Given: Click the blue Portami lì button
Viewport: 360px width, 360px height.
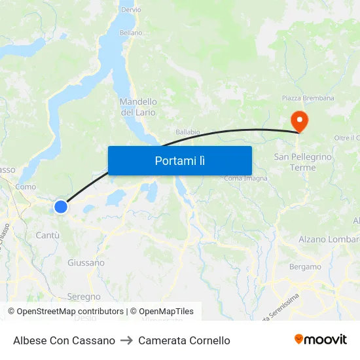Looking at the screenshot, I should [x=179, y=160].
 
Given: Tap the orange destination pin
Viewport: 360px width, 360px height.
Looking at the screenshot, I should [x=298, y=119].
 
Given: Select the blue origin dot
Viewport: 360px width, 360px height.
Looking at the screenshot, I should [x=60, y=207].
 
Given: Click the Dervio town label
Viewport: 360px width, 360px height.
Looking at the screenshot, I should [x=131, y=10].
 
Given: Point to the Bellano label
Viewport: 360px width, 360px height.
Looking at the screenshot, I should [x=130, y=32].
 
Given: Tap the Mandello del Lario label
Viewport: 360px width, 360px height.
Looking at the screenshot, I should [x=138, y=107].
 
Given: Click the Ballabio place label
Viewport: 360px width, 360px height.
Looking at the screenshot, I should [x=188, y=132].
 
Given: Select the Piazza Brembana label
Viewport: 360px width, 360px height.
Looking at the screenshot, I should [x=308, y=98].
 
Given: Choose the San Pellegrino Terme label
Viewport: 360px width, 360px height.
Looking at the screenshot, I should [x=303, y=162].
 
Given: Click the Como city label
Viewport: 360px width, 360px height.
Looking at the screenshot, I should [x=26, y=187].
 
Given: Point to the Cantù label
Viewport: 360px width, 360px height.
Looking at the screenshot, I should [x=48, y=235].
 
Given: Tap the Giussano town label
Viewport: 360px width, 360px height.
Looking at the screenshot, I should [x=86, y=262].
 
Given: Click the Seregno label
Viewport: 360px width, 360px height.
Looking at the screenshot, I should [x=84, y=297].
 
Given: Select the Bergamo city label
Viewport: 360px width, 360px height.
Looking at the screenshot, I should [x=305, y=267].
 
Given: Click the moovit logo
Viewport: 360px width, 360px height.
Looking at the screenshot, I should [x=320, y=340].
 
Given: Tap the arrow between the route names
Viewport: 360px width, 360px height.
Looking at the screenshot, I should [x=126, y=340].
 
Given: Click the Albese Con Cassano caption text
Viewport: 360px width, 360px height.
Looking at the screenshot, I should [x=64, y=340].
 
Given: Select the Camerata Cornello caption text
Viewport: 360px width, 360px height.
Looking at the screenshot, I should [x=184, y=340].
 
